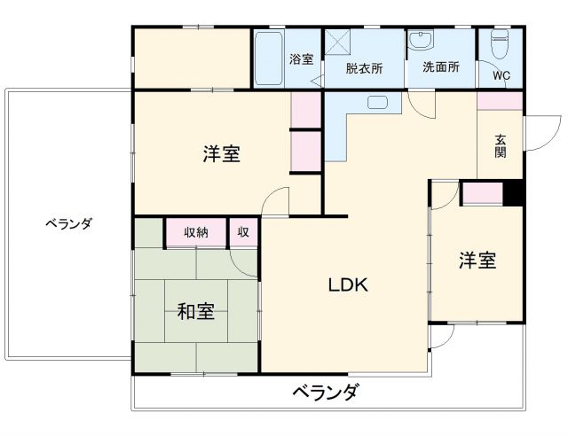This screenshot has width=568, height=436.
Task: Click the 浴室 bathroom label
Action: click(x=301, y=59)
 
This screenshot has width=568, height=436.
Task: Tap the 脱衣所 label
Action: click(x=364, y=67)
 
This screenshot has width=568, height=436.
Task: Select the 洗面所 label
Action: click(x=440, y=66)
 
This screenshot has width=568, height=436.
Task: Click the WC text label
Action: click(x=501, y=75)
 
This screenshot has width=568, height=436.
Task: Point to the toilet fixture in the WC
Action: click(x=500, y=42)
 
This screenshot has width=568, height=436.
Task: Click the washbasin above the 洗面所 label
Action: click(x=420, y=40)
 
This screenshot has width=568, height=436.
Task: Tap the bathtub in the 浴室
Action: click(x=269, y=58)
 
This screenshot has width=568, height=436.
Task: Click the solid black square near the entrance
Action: click(x=513, y=192)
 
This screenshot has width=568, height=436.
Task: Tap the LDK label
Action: click(x=348, y=285)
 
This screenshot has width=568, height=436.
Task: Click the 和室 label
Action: click(x=195, y=311)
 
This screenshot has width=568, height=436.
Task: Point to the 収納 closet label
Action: click(x=196, y=232)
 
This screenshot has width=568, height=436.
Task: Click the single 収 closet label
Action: click(x=242, y=232)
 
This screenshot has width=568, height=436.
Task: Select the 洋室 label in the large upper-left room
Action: click(x=221, y=154)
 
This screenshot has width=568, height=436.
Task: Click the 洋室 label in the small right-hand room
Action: click(x=477, y=261)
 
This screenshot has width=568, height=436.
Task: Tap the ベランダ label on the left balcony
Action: click(x=68, y=223)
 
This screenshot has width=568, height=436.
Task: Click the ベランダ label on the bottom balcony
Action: click(x=325, y=391)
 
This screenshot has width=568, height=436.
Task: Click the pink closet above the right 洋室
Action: click(x=482, y=193)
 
